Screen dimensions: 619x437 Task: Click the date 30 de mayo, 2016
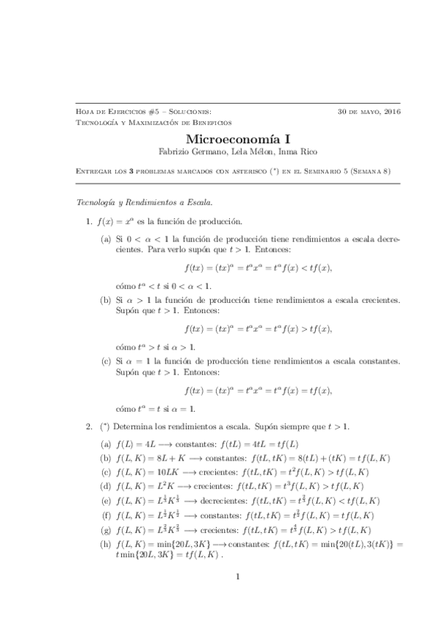(x=369, y=112)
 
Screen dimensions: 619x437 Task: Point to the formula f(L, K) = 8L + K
(x=148, y=458)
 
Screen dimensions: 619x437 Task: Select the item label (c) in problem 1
(x=106, y=361)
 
